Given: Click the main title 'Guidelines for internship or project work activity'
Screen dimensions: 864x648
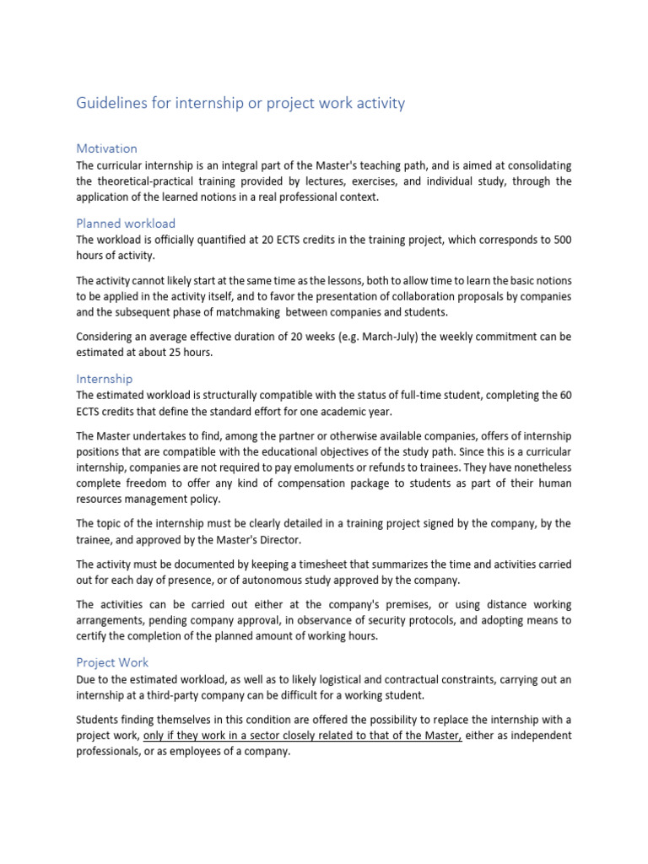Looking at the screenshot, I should [x=240, y=103].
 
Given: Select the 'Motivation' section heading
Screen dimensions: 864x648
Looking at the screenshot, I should [x=106, y=148].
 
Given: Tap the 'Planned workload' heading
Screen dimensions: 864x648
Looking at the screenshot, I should [x=126, y=224].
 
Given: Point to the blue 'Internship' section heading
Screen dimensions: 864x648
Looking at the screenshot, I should [x=105, y=379].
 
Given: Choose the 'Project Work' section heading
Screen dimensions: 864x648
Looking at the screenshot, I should [x=112, y=662].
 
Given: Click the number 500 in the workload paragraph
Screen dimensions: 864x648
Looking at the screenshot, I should [x=560, y=240].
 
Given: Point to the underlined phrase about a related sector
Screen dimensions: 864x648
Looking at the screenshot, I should [x=302, y=736].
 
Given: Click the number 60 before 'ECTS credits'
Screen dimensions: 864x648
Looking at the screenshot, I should [x=563, y=395].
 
